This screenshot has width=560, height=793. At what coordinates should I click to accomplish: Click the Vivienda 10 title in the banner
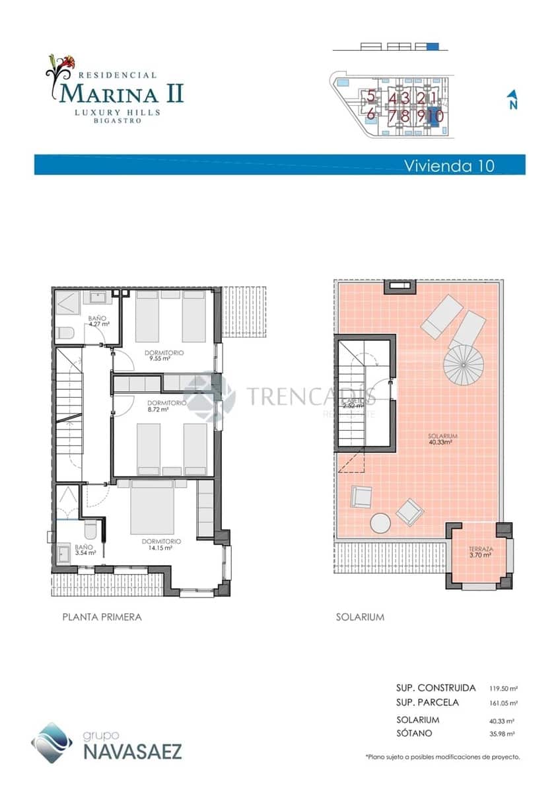pyautogui.click(x=448, y=165)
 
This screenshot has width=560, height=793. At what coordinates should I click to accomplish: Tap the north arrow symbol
pyautogui.click(x=512, y=100)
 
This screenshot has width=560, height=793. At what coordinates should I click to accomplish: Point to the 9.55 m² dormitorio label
pyautogui.click(x=164, y=356)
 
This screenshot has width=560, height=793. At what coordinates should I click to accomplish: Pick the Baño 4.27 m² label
pyautogui.click(x=98, y=321)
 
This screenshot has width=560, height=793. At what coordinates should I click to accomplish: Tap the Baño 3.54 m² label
pyautogui.click(x=85, y=550)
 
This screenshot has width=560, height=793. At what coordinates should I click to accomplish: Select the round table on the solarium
pyautogui.click(x=380, y=523)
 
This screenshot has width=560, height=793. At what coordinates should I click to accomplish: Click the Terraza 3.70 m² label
pyautogui.click(x=481, y=552)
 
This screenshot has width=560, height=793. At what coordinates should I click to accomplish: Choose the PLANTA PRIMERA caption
pyautogui.click(x=102, y=617)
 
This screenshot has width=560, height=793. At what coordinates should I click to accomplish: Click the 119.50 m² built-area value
pyautogui.click(x=503, y=689)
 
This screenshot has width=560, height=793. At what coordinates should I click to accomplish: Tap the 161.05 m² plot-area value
pyautogui.click(x=503, y=703)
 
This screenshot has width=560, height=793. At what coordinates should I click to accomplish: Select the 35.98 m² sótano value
pyautogui.click(x=503, y=734)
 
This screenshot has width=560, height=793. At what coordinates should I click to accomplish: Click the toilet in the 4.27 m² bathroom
pyautogui.click(x=64, y=332)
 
